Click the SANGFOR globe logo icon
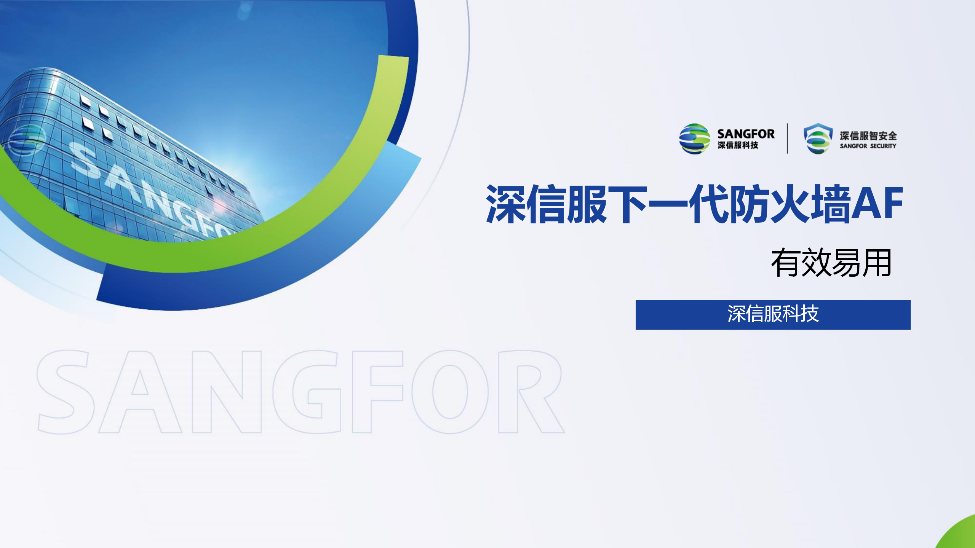click(x=695, y=139)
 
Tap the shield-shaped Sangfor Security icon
click(x=818, y=139)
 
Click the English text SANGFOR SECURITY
click(x=868, y=146)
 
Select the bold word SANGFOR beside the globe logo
click(x=746, y=134)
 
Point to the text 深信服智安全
click(x=868, y=135)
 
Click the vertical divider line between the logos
click(x=787, y=139)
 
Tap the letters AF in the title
click(x=877, y=203)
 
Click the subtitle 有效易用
click(x=831, y=263)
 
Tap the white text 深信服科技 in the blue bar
click(x=773, y=314)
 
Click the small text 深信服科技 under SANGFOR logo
click(x=738, y=145)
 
